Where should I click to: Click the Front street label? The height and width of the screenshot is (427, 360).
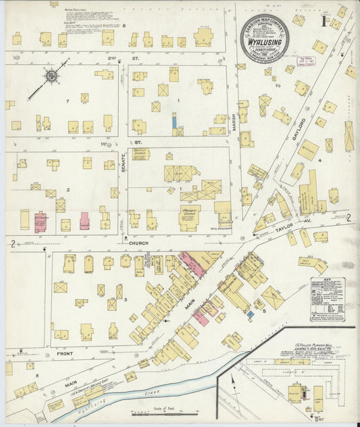65,353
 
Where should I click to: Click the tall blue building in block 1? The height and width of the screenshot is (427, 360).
174,122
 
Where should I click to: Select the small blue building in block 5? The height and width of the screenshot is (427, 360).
250,314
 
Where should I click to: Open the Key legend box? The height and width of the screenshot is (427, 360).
328,299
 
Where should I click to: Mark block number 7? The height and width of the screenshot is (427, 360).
68,101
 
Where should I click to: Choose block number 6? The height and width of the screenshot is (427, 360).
124,25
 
